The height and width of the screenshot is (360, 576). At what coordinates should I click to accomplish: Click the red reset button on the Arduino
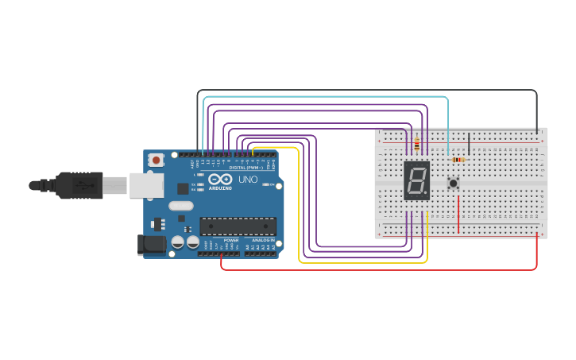156,160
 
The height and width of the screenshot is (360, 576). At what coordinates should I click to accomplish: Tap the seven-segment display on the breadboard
416,180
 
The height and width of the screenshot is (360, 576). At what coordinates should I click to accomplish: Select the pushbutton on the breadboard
454,184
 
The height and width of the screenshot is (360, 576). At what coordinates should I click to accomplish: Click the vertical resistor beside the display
417,144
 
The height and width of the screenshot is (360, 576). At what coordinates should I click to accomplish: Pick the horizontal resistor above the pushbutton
458,160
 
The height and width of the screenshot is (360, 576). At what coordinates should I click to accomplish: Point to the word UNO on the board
249,180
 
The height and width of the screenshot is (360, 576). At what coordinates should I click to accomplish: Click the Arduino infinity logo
220,180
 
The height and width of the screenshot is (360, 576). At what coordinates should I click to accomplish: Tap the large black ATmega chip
238,226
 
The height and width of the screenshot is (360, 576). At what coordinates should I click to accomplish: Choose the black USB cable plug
79,186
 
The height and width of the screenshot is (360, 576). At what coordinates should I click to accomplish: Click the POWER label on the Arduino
231,239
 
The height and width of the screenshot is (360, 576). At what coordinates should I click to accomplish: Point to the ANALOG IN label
263,239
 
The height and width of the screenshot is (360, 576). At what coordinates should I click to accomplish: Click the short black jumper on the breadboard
469,144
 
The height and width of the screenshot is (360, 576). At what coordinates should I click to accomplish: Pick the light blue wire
326,98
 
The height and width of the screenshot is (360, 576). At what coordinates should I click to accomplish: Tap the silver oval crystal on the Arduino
180,206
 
